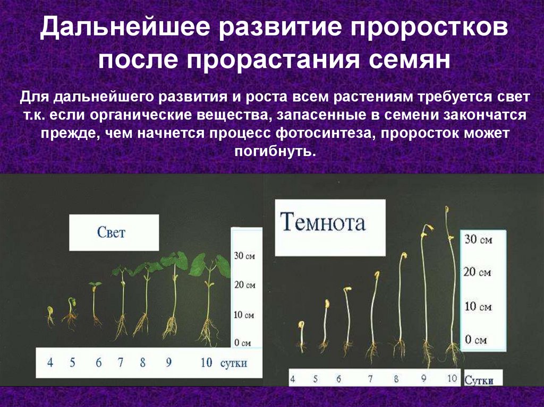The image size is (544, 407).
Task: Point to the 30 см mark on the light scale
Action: pos(245,256)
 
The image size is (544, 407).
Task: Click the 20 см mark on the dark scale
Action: pos(478,273)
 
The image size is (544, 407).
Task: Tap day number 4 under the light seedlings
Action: pos(50,363)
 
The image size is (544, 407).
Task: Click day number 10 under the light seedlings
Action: pos(207,363)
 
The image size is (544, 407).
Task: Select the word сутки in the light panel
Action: pos(233,363)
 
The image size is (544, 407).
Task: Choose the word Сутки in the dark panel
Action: pos(479,380)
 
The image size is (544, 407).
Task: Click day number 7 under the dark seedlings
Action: pos(369,379)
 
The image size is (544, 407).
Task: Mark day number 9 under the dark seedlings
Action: pos(424,379)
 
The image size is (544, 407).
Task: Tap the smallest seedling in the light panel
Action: pos(50,316)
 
